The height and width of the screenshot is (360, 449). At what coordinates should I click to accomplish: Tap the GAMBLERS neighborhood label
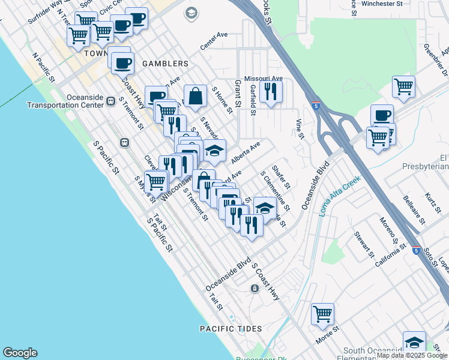click(x=165, y=64)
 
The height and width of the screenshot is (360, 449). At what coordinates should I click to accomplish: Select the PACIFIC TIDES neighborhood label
click(x=231, y=329)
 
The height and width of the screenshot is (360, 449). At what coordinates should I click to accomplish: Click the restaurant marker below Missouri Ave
click(x=272, y=91)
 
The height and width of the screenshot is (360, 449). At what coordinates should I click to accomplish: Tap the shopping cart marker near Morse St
click(x=322, y=314)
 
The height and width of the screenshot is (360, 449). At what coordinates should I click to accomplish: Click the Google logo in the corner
click(x=20, y=353)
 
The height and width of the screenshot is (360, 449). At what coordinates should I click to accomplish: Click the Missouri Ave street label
click(x=263, y=79)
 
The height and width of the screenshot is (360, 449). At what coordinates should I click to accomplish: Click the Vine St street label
click(x=298, y=128)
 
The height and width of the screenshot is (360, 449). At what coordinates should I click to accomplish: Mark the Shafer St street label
click(x=281, y=176)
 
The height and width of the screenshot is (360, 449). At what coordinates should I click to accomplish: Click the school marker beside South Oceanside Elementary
click(x=414, y=343)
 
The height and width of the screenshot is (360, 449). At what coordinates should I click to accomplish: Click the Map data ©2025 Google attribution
click(x=412, y=356)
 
